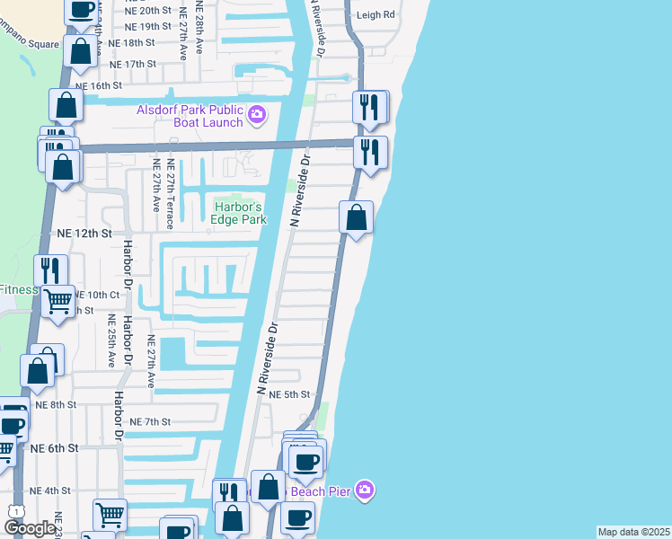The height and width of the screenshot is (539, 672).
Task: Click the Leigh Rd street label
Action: (x=376, y=15)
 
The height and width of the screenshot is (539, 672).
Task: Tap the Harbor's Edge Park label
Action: (x=239, y=213)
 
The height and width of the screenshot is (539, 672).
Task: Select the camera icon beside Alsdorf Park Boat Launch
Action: (x=257, y=114)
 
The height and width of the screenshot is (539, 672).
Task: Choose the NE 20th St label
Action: (x=149, y=10)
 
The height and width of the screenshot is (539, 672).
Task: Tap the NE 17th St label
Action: (x=133, y=65)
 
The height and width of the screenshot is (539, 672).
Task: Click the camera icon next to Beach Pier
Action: (x=364, y=490)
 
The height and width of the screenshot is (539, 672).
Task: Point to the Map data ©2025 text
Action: (x=634, y=532)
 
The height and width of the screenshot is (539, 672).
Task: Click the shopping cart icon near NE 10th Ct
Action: (x=58, y=302)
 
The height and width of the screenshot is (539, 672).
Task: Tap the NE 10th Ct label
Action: (x=97, y=295)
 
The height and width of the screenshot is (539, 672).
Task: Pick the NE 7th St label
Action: (x=150, y=421)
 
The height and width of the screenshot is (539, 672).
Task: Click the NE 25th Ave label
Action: (x=112, y=341)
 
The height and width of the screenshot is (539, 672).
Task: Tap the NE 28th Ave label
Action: (x=183, y=27)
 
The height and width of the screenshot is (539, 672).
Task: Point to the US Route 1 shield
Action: (x=15, y=511)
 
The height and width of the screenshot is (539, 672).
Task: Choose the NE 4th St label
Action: (x=49, y=490)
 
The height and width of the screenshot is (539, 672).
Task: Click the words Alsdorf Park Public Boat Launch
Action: (x=190, y=117)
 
